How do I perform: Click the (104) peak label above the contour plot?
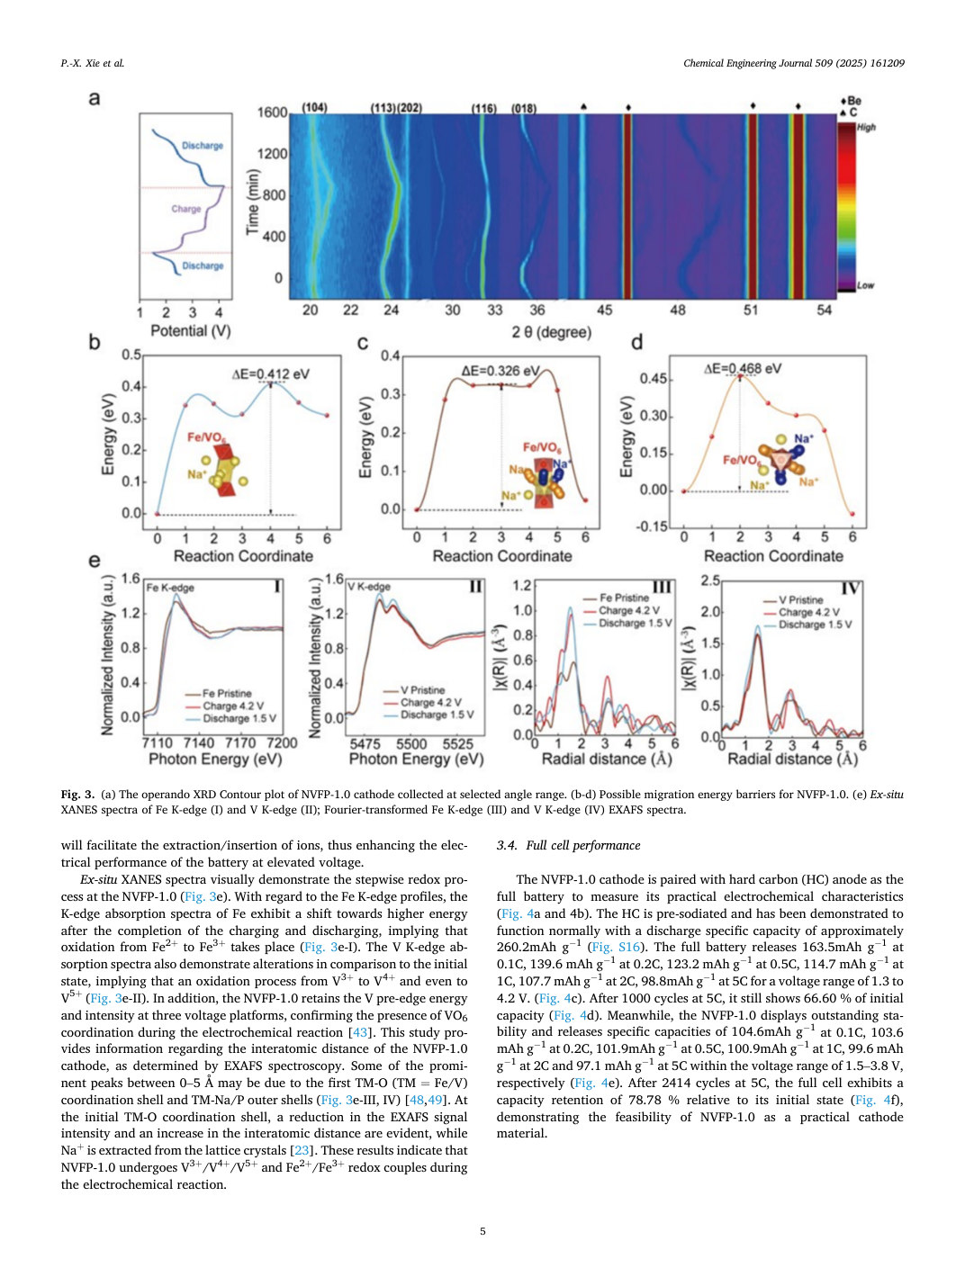[315, 108]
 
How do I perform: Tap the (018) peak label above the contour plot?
[524, 108]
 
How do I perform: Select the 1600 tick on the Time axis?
[273, 112]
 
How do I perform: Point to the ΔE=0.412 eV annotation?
[270, 373]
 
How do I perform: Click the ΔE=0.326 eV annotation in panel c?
[501, 370]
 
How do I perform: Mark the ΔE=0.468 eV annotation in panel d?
[743, 368]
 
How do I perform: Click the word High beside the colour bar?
[866, 127]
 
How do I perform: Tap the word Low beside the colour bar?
[865, 285]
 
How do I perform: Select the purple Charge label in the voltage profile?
[186, 209]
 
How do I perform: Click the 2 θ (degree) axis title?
[551, 332]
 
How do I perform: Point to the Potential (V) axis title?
[191, 331]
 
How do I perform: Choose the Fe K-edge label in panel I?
[170, 588]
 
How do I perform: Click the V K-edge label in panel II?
[369, 587]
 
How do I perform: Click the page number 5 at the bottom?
[482, 1231]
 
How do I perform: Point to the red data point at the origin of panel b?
[157, 514]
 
